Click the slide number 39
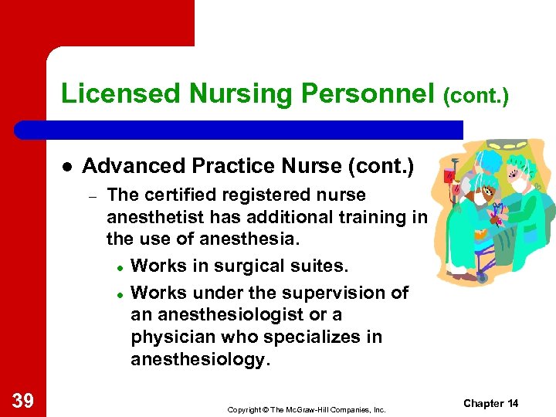click(x=24, y=400)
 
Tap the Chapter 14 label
click(x=491, y=404)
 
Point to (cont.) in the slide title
click(x=476, y=97)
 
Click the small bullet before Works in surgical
click(x=121, y=266)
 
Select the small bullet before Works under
click(x=121, y=294)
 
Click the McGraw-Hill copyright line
click(x=306, y=409)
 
